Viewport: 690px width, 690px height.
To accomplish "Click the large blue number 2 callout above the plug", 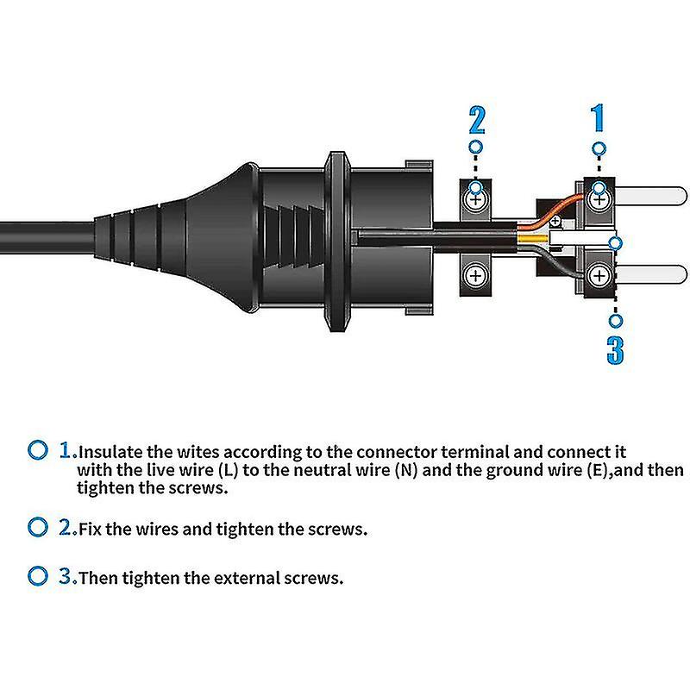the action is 477,120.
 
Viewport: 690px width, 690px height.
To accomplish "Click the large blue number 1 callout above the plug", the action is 597,117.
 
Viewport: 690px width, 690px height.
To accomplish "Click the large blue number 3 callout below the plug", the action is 615,350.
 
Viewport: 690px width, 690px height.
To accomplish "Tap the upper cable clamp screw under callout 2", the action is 476,200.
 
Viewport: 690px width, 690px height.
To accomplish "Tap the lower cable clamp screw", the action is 476,276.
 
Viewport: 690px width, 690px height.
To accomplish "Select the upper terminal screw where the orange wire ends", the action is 599,200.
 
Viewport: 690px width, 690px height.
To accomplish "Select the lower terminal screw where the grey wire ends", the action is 599,276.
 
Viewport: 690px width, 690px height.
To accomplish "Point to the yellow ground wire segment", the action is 533,240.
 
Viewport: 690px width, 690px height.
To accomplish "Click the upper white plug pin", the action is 650,196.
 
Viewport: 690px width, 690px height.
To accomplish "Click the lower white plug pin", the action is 650,274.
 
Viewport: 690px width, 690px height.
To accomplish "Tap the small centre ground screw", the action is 555,221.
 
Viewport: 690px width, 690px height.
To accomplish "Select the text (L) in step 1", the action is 228,470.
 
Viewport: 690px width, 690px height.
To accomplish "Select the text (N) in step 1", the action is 406,470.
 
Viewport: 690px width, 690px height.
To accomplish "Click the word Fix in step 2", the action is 91,529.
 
